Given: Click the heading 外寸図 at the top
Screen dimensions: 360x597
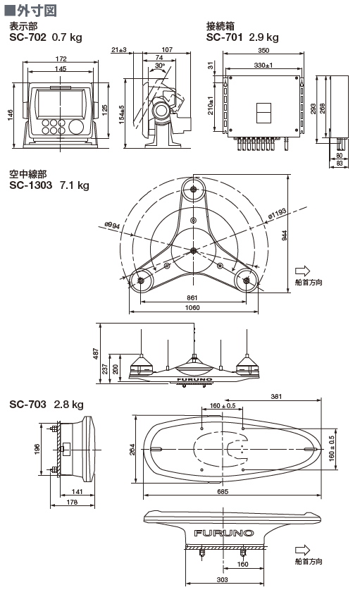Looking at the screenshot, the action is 37,11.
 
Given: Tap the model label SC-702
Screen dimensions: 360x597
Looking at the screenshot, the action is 27,37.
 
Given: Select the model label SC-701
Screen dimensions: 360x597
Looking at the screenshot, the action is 225,37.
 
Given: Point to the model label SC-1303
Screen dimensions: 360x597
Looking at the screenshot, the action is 31,185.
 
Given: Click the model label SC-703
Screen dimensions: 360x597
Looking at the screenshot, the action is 27,404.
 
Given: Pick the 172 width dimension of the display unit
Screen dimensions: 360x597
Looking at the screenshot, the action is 61,59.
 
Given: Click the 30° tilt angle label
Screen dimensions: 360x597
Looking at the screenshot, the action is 160,66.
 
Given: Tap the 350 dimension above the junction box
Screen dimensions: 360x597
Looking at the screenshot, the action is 263,50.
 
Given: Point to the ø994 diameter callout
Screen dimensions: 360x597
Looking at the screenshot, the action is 112,226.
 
